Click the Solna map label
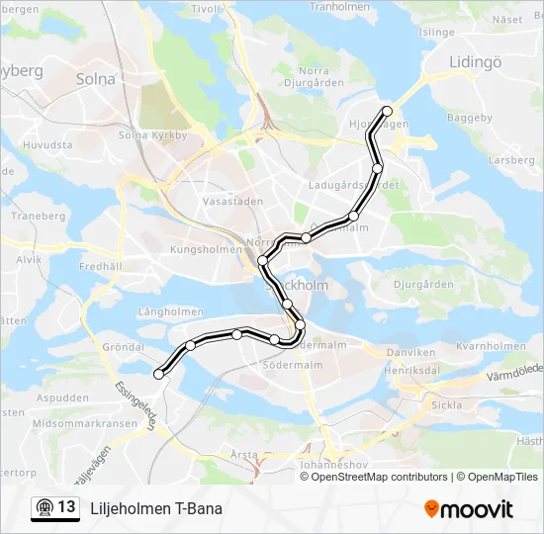click(x=96, y=78)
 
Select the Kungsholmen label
click(x=206, y=250)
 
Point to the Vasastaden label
click(x=232, y=200)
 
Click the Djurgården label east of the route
click(x=422, y=284)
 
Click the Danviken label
click(x=410, y=352)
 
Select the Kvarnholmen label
click(x=492, y=346)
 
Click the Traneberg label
click(x=38, y=216)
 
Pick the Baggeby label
click(x=469, y=118)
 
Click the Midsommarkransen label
click(x=84, y=422)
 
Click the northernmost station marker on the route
click(x=387, y=111)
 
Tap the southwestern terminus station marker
click(x=158, y=374)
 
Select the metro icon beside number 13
click(x=43, y=508)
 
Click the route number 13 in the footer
click(x=66, y=507)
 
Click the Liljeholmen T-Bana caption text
click(x=155, y=508)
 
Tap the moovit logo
click(x=469, y=509)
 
